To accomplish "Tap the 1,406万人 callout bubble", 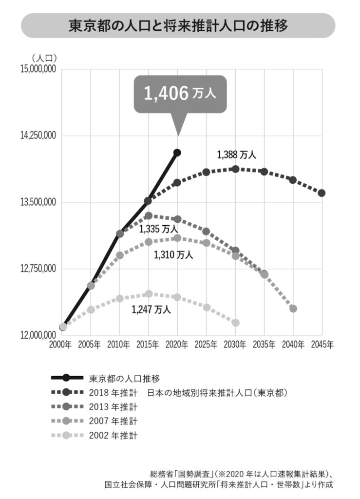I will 180,94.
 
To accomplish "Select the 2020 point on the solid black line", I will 177,153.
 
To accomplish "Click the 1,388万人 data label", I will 237,155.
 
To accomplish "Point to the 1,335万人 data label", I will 159,229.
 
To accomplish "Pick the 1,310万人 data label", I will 173,254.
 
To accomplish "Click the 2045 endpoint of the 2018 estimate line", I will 322,193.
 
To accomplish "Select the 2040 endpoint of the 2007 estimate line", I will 293,308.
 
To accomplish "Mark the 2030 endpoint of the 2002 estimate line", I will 236,323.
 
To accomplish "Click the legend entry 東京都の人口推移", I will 125,378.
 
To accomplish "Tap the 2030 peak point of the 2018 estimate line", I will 235,169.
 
